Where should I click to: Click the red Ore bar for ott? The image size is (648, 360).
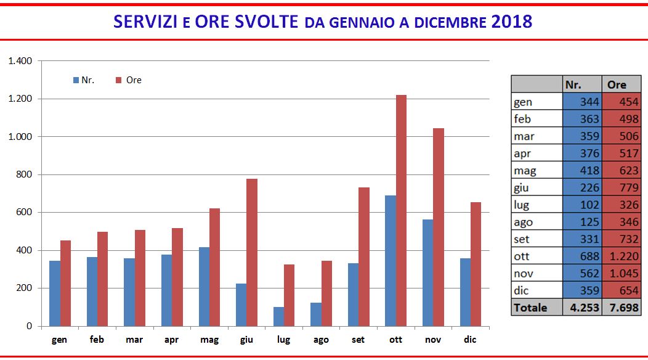[401, 210]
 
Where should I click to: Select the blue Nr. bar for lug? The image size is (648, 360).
[279, 316]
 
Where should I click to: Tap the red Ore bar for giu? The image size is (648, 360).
[252, 252]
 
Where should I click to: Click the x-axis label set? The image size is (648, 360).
[358, 340]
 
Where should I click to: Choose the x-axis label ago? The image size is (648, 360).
[321, 340]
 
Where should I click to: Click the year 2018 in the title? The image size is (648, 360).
[512, 22]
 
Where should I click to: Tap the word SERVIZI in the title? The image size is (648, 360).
[147, 22]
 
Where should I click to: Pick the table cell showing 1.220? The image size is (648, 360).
[622, 256]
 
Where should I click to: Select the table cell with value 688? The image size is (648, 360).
[582, 256]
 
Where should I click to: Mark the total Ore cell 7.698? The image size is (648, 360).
[622, 307]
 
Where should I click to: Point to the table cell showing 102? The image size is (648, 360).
[582, 205]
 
